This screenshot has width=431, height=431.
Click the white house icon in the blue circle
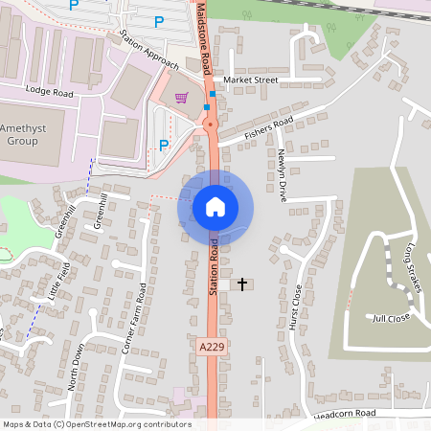pyautogui.click(x=215, y=206)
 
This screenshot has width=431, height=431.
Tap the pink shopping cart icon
pyautogui.click(x=182, y=98)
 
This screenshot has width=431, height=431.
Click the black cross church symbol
pyautogui.click(x=242, y=284)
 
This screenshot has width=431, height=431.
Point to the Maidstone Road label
pyautogui.click(x=204, y=38)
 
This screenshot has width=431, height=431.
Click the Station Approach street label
pyautogui.click(x=149, y=51)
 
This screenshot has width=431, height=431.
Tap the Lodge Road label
pyautogui.click(x=50, y=93)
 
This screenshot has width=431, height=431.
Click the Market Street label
pyautogui.click(x=250, y=79)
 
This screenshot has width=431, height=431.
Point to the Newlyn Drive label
pyautogui.click(x=282, y=174)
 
